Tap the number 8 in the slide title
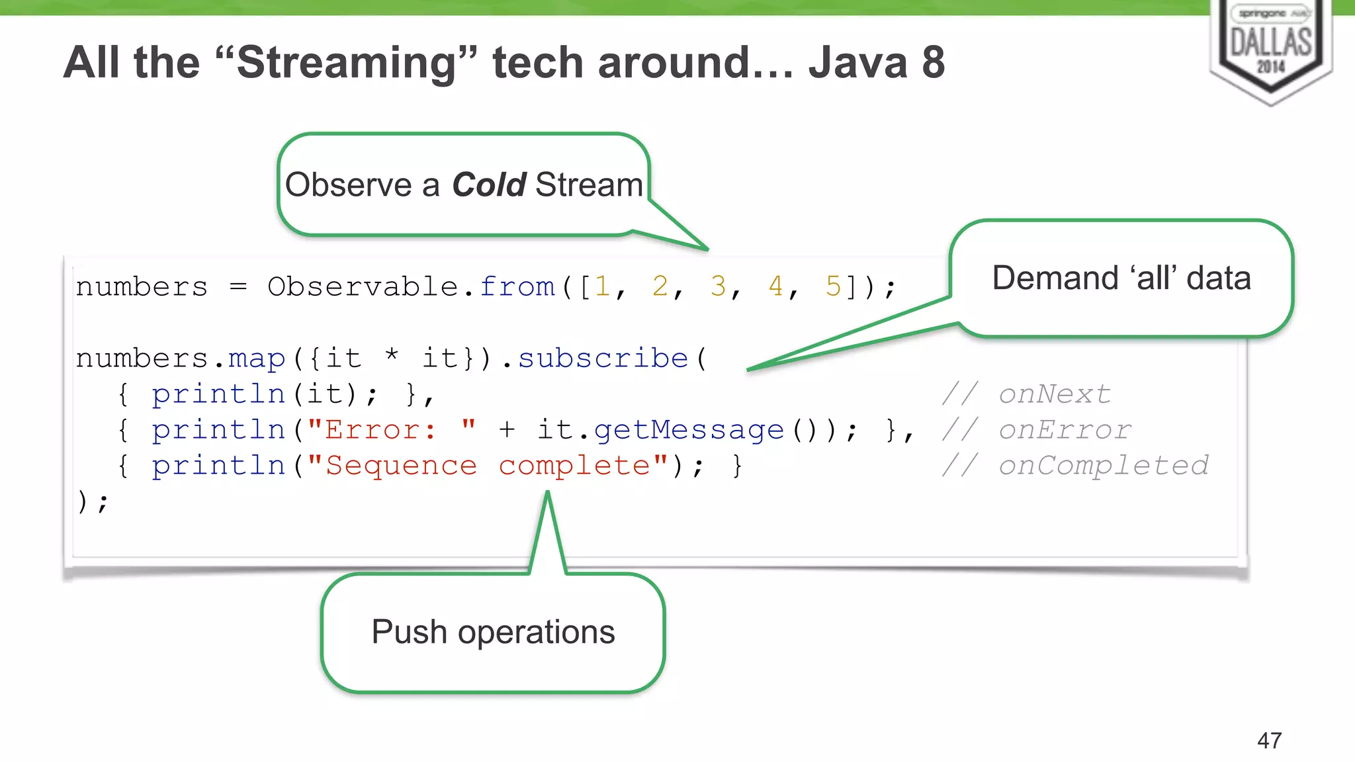coord(933,63)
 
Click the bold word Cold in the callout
coord(489,185)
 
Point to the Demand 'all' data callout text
coord(1121,278)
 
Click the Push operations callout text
coord(493,632)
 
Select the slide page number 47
coord(1269,740)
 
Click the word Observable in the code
coord(363,287)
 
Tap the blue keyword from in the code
coord(517,287)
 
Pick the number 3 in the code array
coord(718,287)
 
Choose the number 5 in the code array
coord(833,287)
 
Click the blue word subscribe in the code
coord(603,359)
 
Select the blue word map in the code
coord(257,359)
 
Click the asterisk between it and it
coord(392,355)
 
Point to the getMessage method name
coord(688,431)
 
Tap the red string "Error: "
coord(391,430)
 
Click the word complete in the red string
coord(574,466)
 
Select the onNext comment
coord(1055,394)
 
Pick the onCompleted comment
coord(1104,466)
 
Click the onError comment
coord(1065,431)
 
